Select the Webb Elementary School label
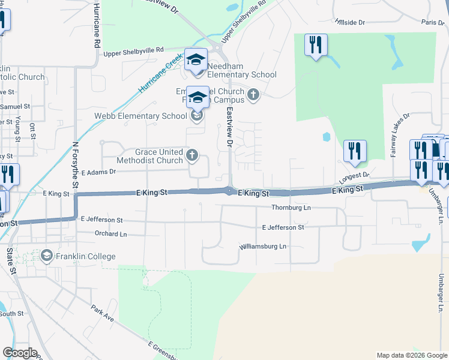[x=140, y=116]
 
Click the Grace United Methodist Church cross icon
[x=192, y=155]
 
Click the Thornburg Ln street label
[x=291, y=208]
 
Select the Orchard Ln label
[x=111, y=233]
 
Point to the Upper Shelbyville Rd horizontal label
[x=133, y=53]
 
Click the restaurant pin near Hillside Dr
[x=316, y=46]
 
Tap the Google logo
[x=20, y=353]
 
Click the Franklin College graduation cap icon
[x=46, y=256]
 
